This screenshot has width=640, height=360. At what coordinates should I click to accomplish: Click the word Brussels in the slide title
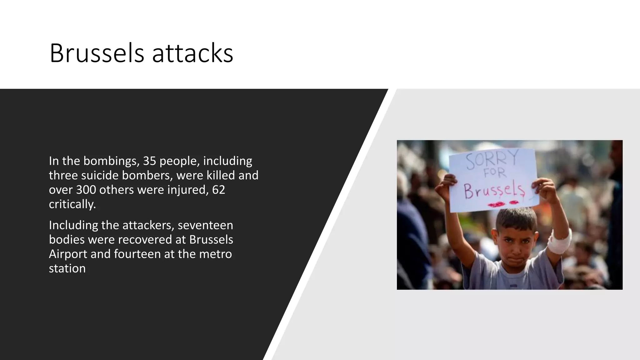pos(97,53)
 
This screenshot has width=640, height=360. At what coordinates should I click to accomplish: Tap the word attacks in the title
pos(192,53)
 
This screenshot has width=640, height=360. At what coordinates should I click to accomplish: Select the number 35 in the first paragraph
pos(149,161)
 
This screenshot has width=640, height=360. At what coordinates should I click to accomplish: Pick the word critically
pos(72,204)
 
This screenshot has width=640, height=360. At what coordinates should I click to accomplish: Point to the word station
pos(67,268)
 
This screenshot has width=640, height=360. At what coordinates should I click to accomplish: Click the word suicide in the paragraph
pos(100,175)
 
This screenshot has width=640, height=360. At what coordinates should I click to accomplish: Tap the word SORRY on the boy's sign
pos(492,159)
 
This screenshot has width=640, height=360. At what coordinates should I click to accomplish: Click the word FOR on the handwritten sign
pos(495,173)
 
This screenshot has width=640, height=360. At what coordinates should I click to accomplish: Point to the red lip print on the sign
pos(497,204)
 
